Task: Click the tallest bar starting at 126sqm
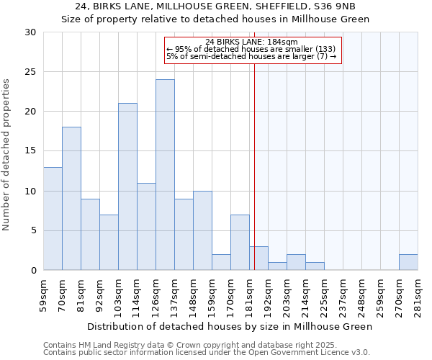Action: (x=165, y=175)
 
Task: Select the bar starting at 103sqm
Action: (x=127, y=186)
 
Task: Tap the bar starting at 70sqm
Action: (x=71, y=199)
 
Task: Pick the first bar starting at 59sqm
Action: (x=53, y=218)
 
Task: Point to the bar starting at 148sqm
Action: (x=202, y=230)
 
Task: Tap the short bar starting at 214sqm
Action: (x=315, y=266)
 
